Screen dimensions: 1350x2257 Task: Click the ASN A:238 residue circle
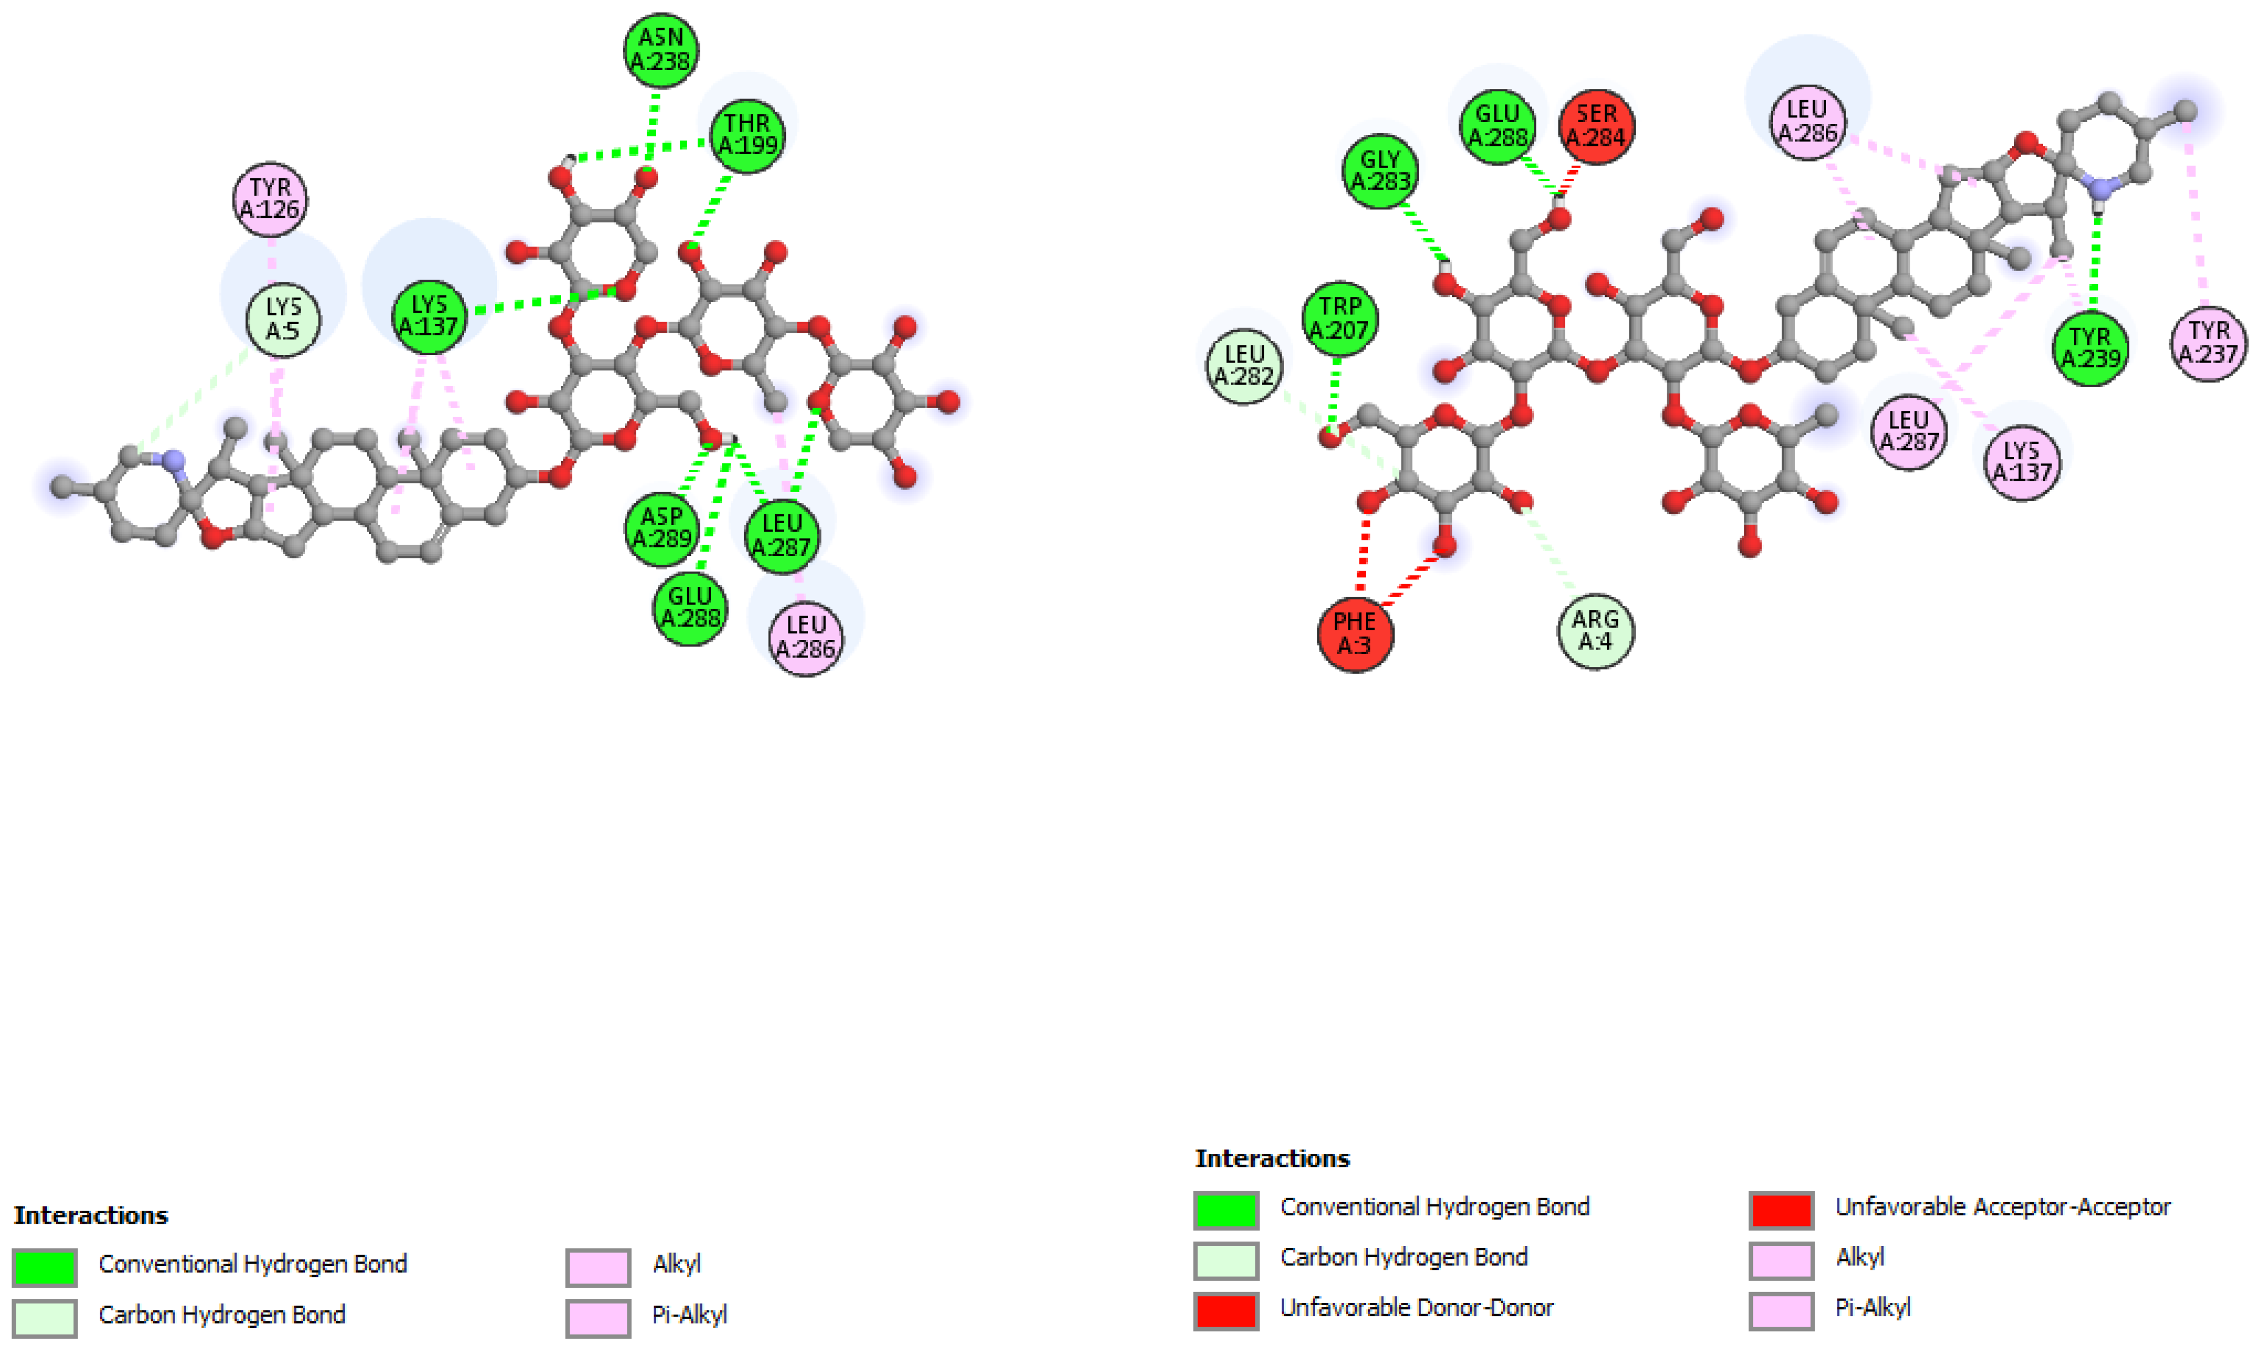(x=661, y=50)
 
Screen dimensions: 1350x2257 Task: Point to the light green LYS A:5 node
(x=283, y=320)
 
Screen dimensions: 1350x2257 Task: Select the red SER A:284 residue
(x=1596, y=126)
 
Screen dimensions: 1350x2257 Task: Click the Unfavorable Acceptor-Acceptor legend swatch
(x=1781, y=1210)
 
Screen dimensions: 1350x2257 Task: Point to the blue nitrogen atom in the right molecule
(x=2099, y=189)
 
